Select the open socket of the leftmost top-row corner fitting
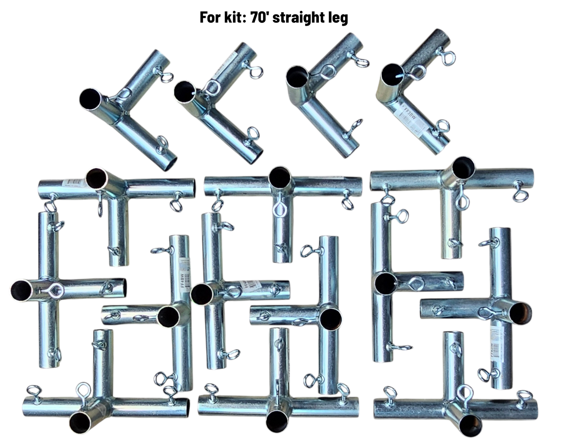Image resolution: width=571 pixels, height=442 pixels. (x=90, y=99)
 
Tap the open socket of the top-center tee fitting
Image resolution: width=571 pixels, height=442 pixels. (x=280, y=177)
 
